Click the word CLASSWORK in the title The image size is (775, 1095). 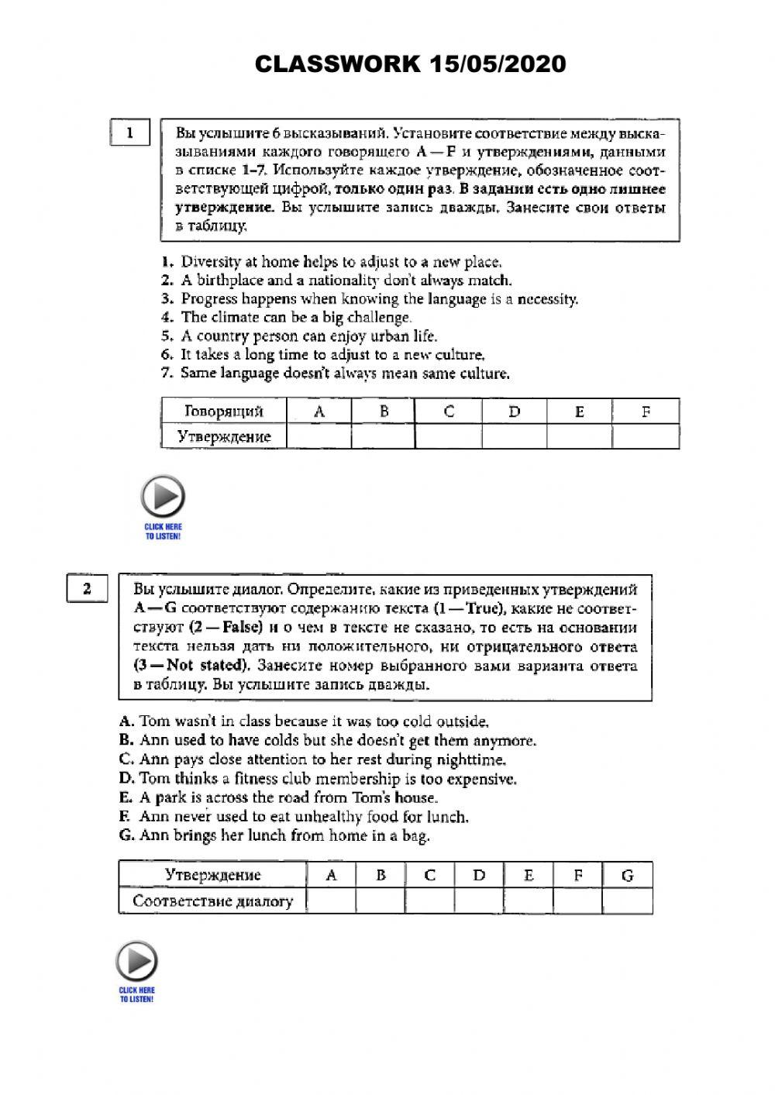click(x=336, y=64)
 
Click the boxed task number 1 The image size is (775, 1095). click(x=129, y=133)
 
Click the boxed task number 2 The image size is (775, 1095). click(x=87, y=589)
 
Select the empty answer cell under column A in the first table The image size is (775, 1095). click(x=319, y=436)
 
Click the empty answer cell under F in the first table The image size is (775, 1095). click(x=646, y=436)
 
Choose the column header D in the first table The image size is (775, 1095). click(x=514, y=411)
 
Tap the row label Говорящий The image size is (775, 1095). click(x=224, y=411)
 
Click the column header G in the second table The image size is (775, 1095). click(x=627, y=875)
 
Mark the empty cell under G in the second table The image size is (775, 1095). click(x=627, y=900)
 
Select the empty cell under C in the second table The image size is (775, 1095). click(x=429, y=900)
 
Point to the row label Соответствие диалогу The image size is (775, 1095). click(x=212, y=900)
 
